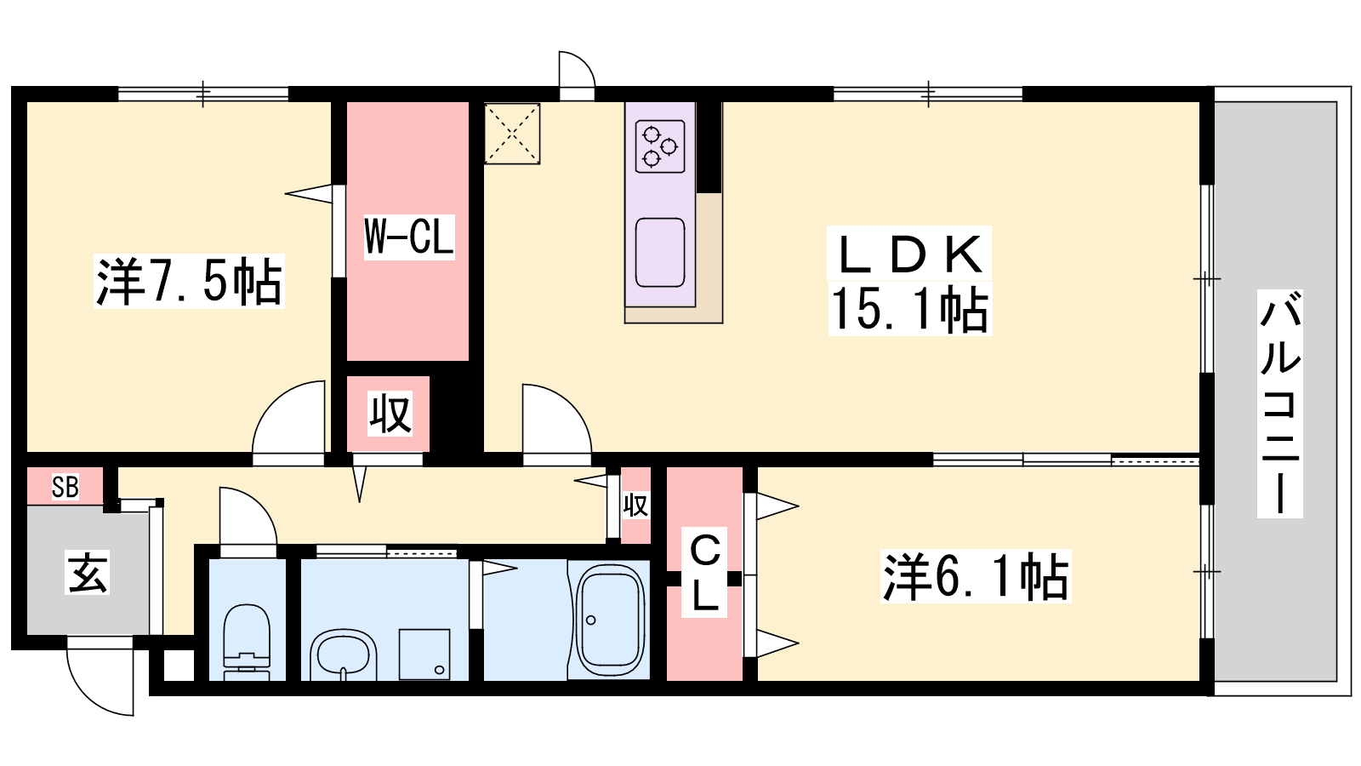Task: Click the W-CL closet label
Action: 409,237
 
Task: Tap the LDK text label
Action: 909,254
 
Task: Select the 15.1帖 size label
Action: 909,309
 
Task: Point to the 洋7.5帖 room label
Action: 189,281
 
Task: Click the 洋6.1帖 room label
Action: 975,576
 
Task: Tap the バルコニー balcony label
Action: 1279,403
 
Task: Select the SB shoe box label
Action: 65,486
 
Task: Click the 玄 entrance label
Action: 88,572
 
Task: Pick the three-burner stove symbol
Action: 660,146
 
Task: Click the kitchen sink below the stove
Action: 660,252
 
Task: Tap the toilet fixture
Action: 247,642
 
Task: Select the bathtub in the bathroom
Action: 610,620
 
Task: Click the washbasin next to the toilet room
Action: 344,655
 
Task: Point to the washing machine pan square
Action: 424,655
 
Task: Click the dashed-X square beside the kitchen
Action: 512,134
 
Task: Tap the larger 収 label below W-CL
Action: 390,414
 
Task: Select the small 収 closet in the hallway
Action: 635,505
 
